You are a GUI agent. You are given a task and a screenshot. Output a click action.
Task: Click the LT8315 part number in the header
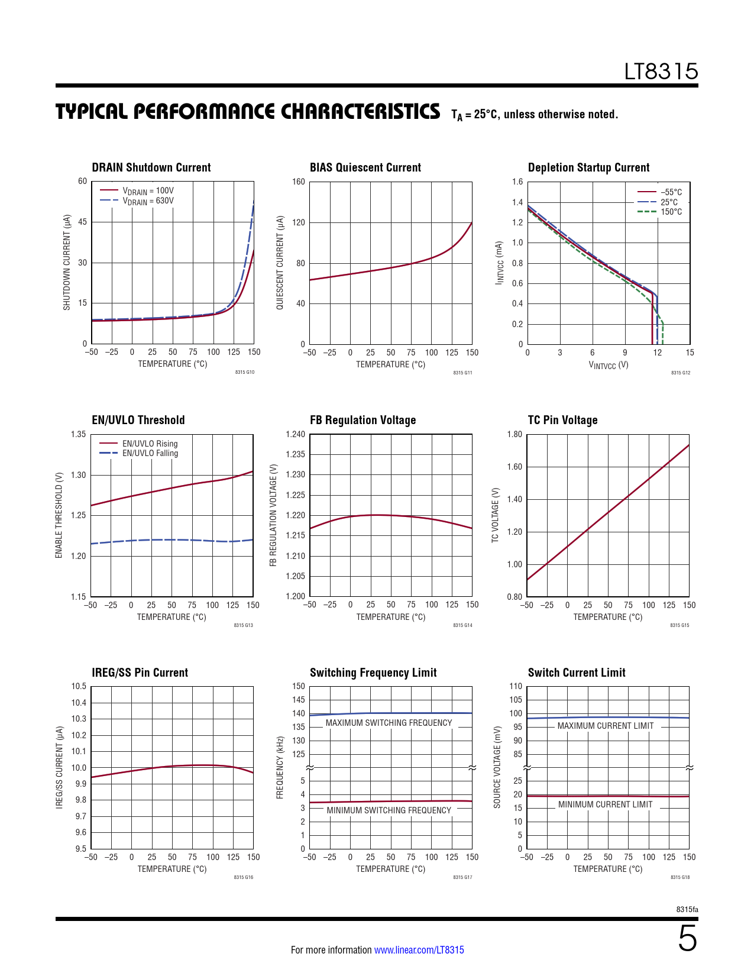(661, 72)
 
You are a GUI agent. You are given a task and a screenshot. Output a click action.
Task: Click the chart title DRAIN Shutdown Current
(151, 167)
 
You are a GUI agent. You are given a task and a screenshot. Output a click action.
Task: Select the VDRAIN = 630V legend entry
(148, 201)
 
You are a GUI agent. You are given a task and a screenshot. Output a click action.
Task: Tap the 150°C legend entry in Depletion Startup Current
(671, 212)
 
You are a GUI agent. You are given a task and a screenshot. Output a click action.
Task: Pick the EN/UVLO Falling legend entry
(150, 453)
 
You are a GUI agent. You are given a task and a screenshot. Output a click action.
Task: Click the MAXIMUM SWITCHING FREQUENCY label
(389, 723)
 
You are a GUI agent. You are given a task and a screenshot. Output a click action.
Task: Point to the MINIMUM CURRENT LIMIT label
(605, 804)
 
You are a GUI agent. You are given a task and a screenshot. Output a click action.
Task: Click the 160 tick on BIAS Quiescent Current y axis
(299, 182)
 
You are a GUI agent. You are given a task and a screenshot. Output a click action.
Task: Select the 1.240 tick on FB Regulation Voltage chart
(295, 434)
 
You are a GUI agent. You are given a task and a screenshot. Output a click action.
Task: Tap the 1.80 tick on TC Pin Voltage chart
(514, 434)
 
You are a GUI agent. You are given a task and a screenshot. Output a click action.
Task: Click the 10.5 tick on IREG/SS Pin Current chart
(79, 686)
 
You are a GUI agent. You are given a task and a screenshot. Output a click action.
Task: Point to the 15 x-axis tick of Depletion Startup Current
(690, 353)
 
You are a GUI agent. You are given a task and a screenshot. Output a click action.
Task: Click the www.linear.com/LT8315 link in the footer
(419, 950)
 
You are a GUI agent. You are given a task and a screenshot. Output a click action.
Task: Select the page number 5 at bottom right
(687, 939)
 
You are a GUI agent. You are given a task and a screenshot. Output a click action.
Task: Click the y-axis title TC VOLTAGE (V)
(496, 515)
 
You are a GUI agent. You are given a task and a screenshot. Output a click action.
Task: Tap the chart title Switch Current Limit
(577, 673)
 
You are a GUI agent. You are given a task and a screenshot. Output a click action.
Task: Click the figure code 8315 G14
(462, 625)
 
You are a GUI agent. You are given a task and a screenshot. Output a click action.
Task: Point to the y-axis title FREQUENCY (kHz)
(280, 767)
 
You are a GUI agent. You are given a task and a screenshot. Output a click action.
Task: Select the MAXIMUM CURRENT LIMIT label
(606, 726)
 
